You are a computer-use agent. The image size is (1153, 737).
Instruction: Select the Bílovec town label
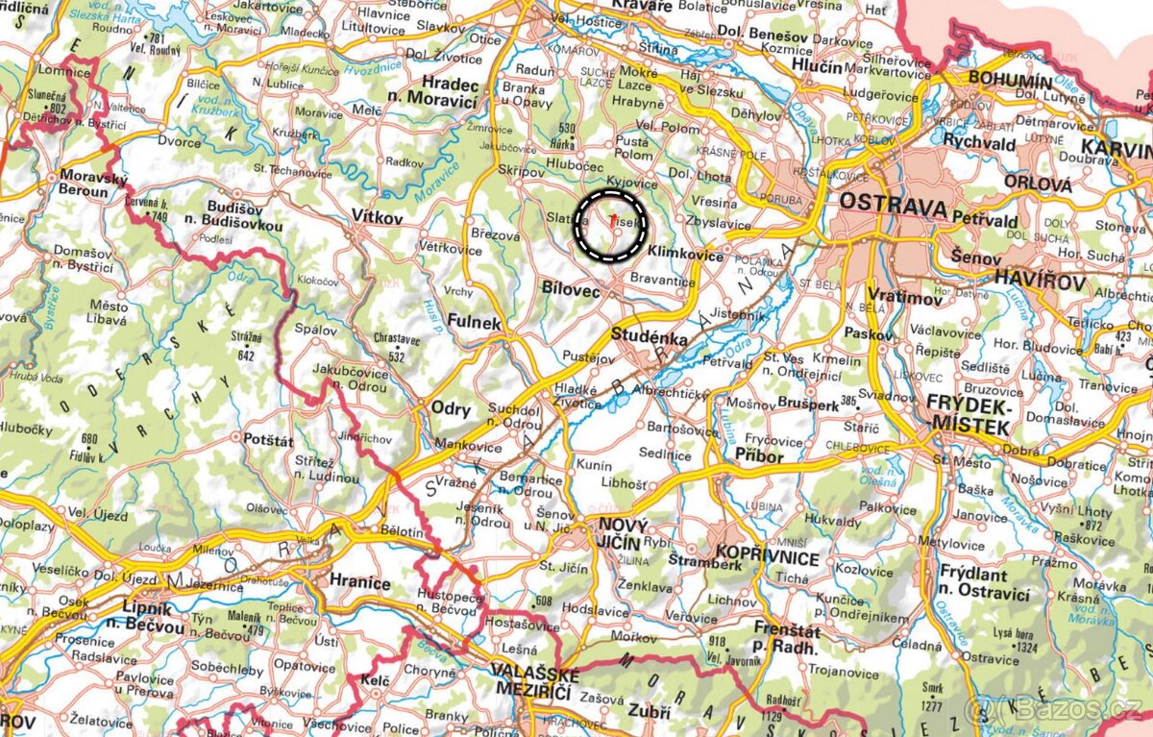coord(571,289)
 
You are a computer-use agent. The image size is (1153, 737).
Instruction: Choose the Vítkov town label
coord(377,218)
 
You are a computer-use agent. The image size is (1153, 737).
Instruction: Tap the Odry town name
coord(450,408)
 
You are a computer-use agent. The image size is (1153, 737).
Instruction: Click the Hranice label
coord(359,582)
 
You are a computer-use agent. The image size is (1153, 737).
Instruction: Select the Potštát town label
coord(267,437)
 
